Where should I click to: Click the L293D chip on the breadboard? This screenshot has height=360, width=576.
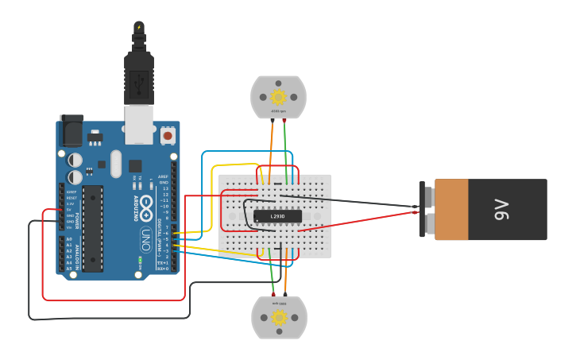coord(277,216)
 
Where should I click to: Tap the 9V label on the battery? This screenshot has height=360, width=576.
coord(501,210)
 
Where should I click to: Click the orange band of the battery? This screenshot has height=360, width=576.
coord(451,209)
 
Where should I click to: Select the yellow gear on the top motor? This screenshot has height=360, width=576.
coord(278,97)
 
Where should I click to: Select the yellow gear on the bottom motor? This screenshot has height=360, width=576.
coord(279,317)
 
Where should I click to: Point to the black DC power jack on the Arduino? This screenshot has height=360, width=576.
coord(72,130)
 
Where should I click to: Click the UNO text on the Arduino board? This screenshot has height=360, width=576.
coord(146,236)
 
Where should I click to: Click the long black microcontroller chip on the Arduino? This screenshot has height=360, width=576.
coord(93,228)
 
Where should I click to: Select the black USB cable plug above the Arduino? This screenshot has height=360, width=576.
coord(139,75)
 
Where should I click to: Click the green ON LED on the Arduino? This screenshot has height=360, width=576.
coord(140,260)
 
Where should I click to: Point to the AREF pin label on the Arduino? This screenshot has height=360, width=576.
coord(164,176)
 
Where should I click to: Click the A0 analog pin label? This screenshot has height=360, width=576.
coord(69,239)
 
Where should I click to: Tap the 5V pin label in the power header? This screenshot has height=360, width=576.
coord(70,209)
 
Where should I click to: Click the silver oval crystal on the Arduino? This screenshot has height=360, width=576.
coord(116,164)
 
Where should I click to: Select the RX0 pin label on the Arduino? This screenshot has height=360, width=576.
coord(163,269)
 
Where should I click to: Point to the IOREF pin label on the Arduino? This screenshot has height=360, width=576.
coord(72,192)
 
